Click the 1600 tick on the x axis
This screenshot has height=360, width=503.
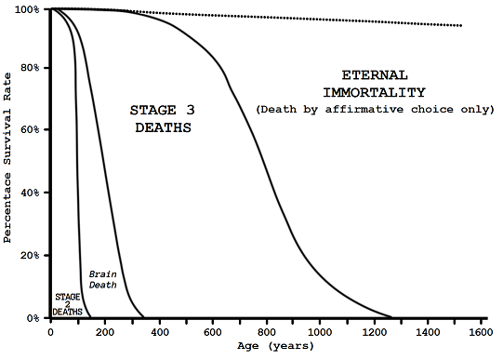pos(480,331)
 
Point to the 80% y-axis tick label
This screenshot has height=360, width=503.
pos(29,68)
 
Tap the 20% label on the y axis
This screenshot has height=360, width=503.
pos(29,256)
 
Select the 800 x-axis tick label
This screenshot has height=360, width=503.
pos(267,331)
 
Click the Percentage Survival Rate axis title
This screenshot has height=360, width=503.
pos(8,164)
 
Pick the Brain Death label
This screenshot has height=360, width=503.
pos(103,280)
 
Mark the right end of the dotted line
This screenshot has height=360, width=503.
pos(462,25)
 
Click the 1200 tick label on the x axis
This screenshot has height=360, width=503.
pos(375,331)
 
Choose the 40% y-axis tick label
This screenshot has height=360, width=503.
pos(29,193)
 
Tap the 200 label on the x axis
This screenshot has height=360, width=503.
pos(104,331)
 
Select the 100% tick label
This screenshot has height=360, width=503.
pos(26,9)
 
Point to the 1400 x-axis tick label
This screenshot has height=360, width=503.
pos(429,331)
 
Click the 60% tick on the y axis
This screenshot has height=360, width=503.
pos(29,131)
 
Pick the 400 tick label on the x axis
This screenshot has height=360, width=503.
pos(158,331)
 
